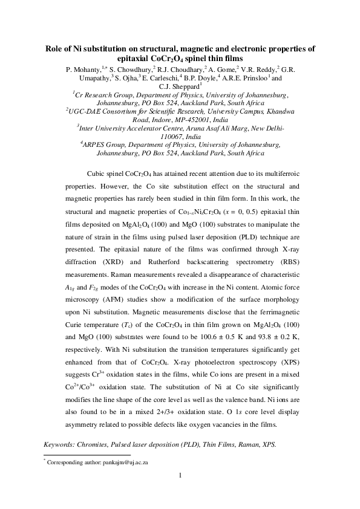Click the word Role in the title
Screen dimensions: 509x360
click(x=57, y=49)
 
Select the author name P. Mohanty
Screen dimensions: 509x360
click(x=84, y=69)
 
